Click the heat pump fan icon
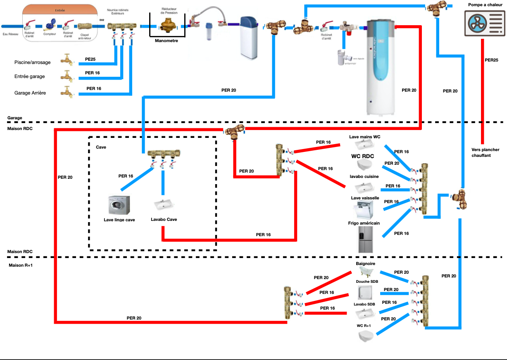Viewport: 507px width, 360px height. (482, 23)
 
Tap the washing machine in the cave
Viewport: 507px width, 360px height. (119, 205)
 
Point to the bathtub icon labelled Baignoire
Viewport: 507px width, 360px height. (365, 271)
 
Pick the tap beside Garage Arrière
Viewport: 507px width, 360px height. (67, 91)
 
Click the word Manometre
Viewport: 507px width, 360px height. (167, 41)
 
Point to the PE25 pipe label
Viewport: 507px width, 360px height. (90, 59)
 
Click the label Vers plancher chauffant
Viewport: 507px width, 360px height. (485, 153)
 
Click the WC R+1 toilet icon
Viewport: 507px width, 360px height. (366, 336)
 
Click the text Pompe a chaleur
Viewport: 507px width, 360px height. (485, 5)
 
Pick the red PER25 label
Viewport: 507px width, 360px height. (491, 60)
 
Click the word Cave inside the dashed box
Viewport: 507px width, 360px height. (101, 147)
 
